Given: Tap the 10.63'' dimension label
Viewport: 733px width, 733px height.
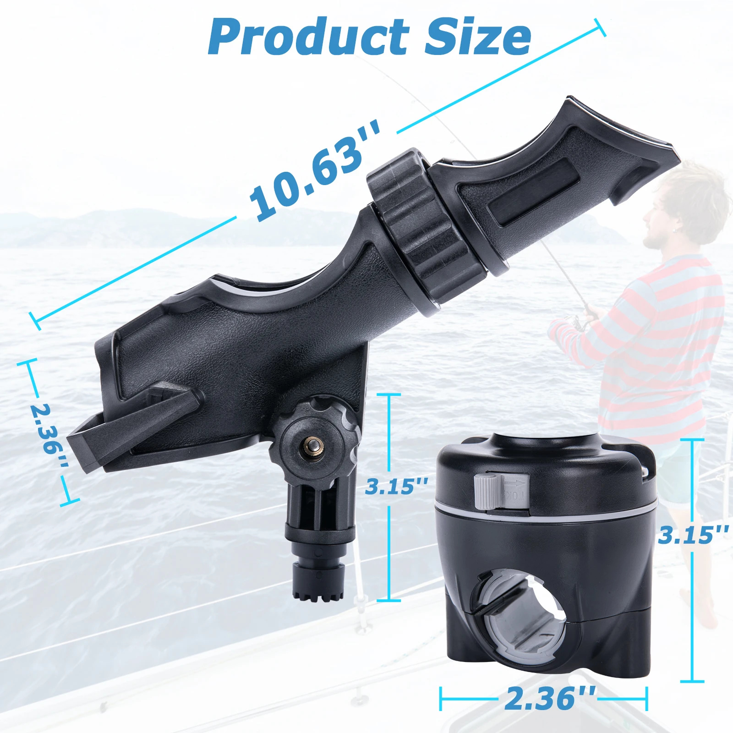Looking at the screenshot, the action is [315, 170].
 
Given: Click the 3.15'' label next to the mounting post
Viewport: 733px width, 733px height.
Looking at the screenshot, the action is [397, 486].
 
